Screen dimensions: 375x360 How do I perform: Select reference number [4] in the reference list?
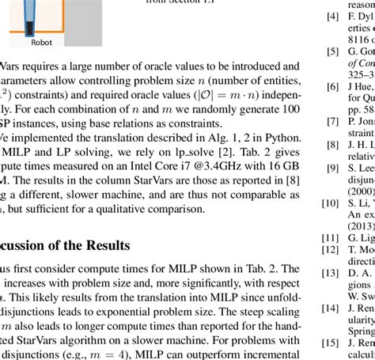tap(334, 16)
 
